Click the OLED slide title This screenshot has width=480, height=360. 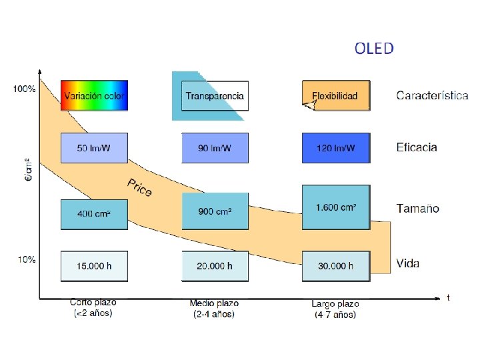coord(374,48)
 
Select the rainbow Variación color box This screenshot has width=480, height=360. coord(94,95)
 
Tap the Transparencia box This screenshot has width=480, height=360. coord(215,96)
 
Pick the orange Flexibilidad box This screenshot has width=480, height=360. coord(335,95)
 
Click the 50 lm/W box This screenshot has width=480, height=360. coord(94,147)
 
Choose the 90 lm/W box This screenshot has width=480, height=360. coord(215,147)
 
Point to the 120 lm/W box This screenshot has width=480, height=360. coord(335,147)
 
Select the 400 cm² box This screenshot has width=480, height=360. coord(94,214)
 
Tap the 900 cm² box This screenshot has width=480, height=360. coord(215,211)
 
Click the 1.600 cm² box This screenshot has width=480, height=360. coord(335,207)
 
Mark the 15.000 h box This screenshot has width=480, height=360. coord(94,266)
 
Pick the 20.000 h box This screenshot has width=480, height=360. coord(215,266)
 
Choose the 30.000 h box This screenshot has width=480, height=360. coord(335,266)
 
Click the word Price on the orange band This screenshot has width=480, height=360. coord(140,187)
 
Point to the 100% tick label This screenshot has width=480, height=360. coord(25,89)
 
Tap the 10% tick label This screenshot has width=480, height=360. coord(26,259)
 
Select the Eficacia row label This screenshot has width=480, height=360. coord(417,147)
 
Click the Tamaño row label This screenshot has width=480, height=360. coord(418,209)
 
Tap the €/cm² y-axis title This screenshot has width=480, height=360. coord(27,173)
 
